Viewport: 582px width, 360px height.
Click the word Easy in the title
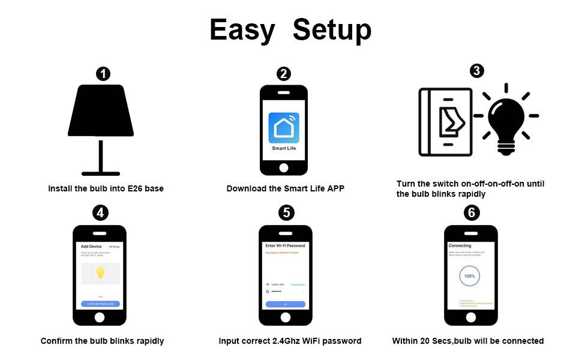tap(242, 30)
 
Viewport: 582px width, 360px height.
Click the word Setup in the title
tap(332, 30)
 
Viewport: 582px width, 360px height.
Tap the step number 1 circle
tap(103, 74)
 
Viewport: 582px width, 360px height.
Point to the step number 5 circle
tap(287, 213)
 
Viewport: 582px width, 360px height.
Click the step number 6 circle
tap(472, 213)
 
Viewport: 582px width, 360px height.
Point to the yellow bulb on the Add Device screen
tap(100, 273)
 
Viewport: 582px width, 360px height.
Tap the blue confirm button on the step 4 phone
tap(100, 304)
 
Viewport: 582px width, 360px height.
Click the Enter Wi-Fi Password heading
tap(286, 246)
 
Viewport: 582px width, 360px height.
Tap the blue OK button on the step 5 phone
tap(286, 305)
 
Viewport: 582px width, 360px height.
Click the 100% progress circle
tap(470, 277)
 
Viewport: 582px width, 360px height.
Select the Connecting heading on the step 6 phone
tap(460, 246)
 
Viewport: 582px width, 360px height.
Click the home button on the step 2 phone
tap(284, 166)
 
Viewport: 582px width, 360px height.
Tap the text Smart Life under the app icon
tap(284, 148)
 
